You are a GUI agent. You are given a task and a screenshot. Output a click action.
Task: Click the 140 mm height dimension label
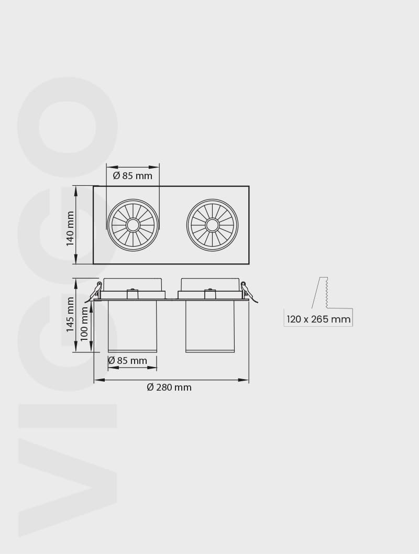(x=70, y=229)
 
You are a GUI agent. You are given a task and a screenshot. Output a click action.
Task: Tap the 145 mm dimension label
(x=70, y=315)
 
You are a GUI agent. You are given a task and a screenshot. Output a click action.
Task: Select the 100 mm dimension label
(x=84, y=324)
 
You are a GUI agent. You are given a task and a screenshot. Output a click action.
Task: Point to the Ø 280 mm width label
(x=169, y=387)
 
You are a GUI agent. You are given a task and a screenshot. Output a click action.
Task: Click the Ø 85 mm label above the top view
(x=133, y=175)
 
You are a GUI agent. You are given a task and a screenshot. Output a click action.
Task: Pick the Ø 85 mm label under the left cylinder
(x=128, y=360)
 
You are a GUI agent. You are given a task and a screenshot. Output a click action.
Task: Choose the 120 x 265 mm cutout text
(x=318, y=319)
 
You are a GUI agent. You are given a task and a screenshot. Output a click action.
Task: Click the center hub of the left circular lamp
(x=133, y=225)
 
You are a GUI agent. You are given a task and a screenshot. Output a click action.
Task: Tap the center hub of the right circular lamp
(x=212, y=225)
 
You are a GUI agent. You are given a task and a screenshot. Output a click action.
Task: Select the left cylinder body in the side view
(x=132, y=326)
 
